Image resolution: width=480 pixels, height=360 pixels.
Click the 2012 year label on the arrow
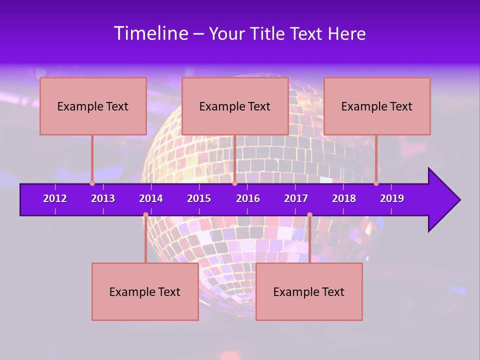point(55,198)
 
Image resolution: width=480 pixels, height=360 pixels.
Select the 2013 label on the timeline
point(103,198)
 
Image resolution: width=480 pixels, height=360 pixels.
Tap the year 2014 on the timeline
point(151,198)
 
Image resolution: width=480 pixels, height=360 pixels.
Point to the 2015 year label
point(199,198)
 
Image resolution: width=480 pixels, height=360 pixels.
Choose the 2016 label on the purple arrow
point(248,198)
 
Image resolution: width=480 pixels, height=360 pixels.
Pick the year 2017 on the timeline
point(296,198)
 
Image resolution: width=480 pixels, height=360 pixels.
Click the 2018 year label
point(344,198)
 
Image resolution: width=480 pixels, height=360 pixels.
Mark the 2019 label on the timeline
point(392,198)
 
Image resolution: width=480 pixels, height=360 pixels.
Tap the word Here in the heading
point(346,34)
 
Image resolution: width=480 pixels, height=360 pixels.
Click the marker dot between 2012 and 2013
point(92,183)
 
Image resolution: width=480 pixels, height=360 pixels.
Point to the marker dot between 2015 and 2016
point(234,183)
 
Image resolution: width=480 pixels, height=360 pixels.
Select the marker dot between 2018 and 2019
point(376,183)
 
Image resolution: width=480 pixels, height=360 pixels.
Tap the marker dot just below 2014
point(145,215)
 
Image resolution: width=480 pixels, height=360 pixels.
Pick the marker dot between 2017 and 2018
point(309,215)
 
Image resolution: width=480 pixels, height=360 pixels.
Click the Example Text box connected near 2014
point(145,291)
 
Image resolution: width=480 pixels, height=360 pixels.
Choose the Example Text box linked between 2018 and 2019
point(377,106)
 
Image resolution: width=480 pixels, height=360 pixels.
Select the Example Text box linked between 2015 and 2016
point(235,106)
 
